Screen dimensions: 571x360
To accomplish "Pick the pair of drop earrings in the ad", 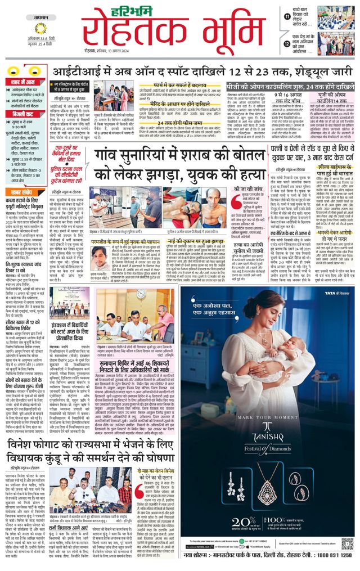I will pyautogui.click(x=231, y=484).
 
